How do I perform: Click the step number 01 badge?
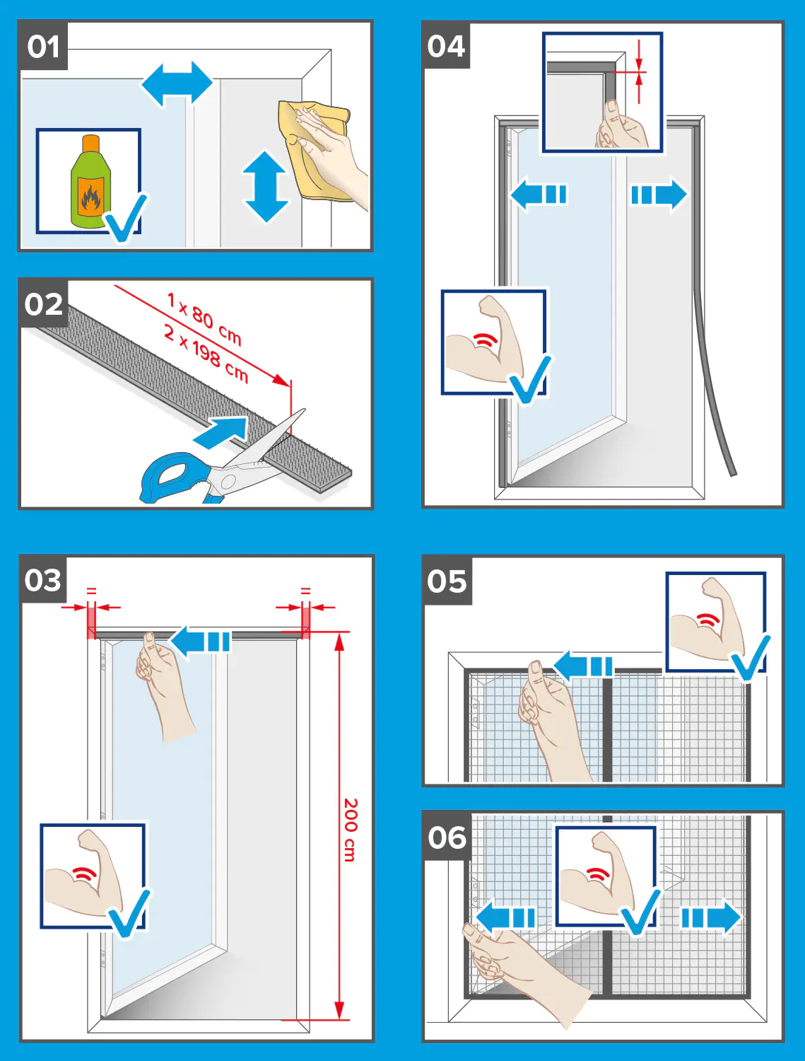tap(43, 47)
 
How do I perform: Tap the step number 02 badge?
tap(43, 304)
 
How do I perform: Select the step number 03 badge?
tap(43, 580)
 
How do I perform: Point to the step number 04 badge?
tap(446, 46)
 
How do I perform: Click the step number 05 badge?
tap(447, 581)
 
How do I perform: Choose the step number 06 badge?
tap(447, 837)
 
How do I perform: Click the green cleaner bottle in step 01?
tap(90, 182)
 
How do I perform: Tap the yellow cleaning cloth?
tap(313, 150)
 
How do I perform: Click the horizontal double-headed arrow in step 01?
tap(177, 83)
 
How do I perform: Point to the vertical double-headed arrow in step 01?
tap(265, 187)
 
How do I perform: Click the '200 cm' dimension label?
tap(351, 830)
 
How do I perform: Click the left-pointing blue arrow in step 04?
tap(539, 195)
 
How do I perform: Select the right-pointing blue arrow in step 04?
tap(659, 195)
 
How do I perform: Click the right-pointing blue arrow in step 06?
tap(711, 917)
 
